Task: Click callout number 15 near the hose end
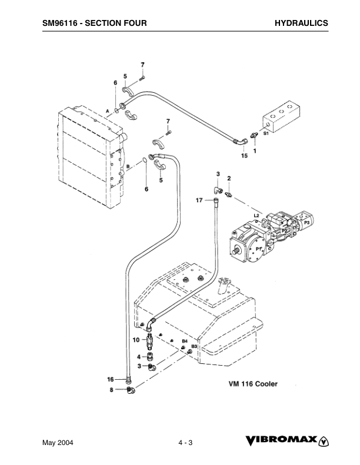244,156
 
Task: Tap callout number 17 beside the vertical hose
199,200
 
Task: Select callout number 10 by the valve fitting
135,340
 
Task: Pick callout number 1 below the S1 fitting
255,150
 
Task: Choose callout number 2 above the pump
229,178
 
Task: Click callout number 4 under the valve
139,356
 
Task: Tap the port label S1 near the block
266,134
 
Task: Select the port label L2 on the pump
256,216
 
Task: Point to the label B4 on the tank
184,340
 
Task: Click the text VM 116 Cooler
253,383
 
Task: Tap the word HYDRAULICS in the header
301,23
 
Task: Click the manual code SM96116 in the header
62,23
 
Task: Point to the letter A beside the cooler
108,111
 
